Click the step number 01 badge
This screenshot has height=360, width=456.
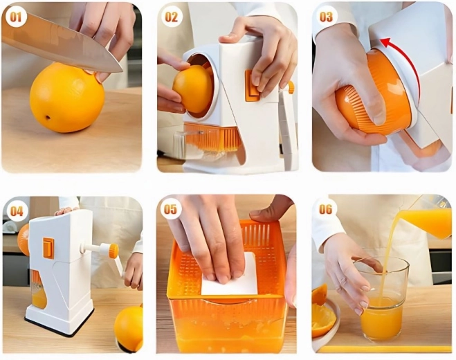point(16,17)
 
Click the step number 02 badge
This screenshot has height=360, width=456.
point(172,17)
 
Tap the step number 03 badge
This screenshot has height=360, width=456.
point(326,17)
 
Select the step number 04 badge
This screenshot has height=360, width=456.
point(17,211)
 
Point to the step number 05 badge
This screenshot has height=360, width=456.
point(171,209)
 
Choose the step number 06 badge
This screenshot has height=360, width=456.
point(325,209)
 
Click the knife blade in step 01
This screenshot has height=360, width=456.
point(61,44)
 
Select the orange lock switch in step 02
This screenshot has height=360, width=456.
point(252,85)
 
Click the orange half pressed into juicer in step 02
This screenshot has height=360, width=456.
point(193,89)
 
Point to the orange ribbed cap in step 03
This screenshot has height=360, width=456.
point(375,93)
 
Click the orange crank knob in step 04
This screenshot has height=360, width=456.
point(114,251)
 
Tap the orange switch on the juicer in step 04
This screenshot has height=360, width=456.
point(48,248)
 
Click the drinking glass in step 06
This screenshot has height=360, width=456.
point(382,300)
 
